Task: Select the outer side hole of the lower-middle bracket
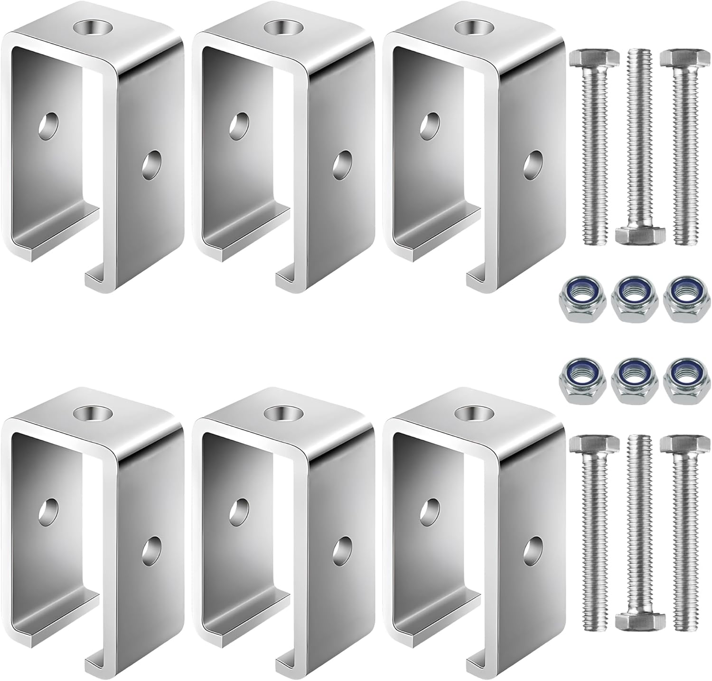click(x=342, y=549)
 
